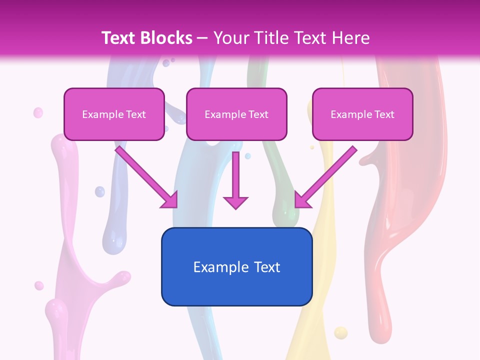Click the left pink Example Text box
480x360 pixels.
pyautogui.click(x=114, y=114)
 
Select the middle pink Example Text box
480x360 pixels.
pyautogui.click(x=236, y=114)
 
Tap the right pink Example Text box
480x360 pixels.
pyautogui.click(x=362, y=114)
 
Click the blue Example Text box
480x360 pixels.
pyautogui.click(x=236, y=266)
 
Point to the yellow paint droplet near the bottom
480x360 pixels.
pyautogui.click(x=340, y=332)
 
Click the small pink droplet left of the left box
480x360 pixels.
pyautogui.click(x=38, y=113)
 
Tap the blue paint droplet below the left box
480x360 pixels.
pyautogui.click(x=100, y=191)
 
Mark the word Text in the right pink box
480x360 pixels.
pyautogui.click(x=384, y=114)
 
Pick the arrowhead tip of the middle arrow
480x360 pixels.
pyautogui.click(x=235, y=208)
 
